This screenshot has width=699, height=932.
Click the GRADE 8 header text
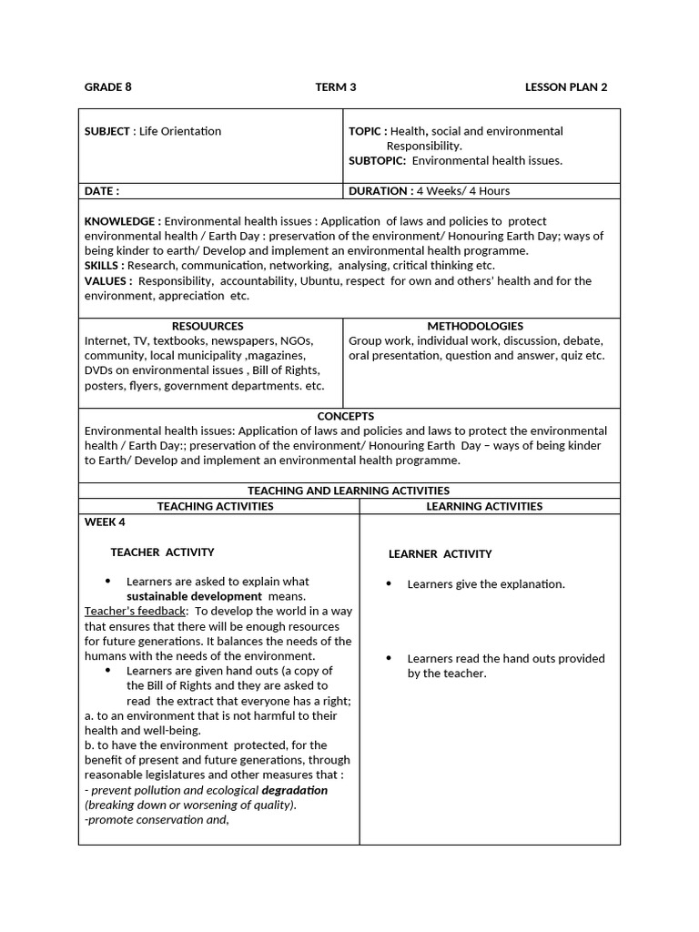pos(107,87)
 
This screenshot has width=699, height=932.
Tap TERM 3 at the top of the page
pos(335,87)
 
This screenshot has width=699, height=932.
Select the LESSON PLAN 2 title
pos(565,87)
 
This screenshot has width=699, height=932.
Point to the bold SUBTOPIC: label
pos(377,161)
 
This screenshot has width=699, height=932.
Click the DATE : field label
pos(101,191)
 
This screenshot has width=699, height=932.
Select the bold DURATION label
pos(380,191)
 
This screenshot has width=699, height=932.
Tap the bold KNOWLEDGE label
pos(122,221)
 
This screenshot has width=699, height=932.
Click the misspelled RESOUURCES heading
pos(208,326)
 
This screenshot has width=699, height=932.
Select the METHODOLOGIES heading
pos(475,326)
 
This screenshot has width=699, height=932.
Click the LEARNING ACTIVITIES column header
pos(484,506)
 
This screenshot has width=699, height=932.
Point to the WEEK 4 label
pos(105,522)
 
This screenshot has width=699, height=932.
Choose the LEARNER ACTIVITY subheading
pos(440,553)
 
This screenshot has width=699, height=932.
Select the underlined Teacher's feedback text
pos(136,611)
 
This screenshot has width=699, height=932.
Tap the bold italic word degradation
pos(294,790)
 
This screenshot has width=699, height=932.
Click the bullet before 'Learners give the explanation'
pos(389,583)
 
